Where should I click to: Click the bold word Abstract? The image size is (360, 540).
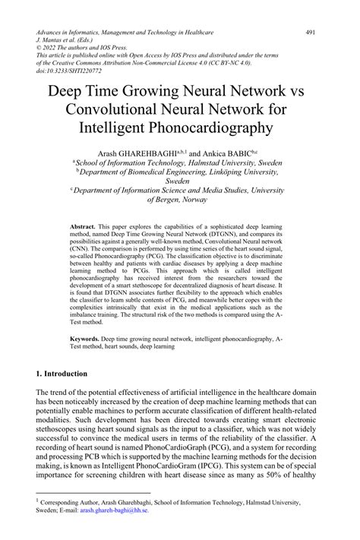(83, 227)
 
